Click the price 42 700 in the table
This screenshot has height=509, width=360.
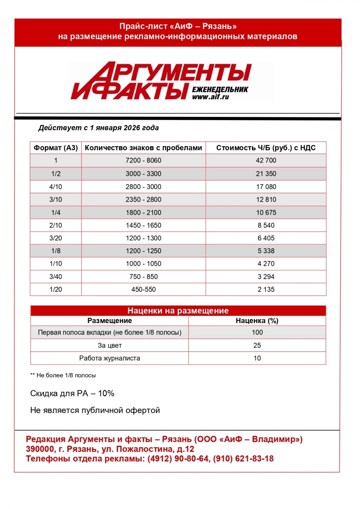tap(266, 160)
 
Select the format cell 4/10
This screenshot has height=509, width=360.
tap(56, 187)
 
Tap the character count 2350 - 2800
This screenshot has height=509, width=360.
tap(143, 200)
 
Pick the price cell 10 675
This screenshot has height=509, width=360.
tap(266, 213)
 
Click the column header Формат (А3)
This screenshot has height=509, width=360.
tap(56, 148)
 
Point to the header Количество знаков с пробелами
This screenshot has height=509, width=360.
tap(143, 148)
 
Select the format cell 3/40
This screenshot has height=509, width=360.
tap(56, 277)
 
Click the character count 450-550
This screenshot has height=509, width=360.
tap(143, 290)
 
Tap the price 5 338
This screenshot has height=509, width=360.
tap(266, 251)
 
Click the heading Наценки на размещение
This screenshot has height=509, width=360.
tap(178, 311)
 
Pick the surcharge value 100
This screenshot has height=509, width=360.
tap(257, 332)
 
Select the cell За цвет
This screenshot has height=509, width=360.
tap(110, 346)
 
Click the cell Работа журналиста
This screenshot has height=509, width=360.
tap(110, 358)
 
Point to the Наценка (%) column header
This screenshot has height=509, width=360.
tap(257, 321)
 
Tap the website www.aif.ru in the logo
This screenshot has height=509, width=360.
tap(211, 97)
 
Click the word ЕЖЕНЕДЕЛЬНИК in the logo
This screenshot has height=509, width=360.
tap(220, 90)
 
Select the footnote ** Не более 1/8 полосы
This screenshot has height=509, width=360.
tap(63, 376)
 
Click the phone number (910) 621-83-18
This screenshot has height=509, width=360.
tap(243, 459)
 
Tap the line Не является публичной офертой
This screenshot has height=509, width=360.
tap(95, 410)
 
